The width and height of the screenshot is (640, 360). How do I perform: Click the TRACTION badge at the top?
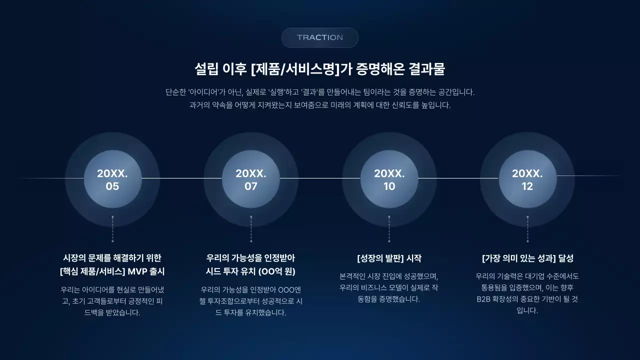pos(320,37)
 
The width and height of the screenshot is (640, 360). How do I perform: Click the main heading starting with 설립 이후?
pos(320,69)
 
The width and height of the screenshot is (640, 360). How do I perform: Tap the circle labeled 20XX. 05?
pos(112,179)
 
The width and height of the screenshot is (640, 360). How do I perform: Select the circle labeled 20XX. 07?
pos(251,179)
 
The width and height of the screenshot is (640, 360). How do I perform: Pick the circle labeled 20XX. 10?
pos(389,179)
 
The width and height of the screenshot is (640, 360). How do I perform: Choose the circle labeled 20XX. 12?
pos(527,179)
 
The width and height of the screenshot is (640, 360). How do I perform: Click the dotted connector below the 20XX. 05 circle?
pos(112,229)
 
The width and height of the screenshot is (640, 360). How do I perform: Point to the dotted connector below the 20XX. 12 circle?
pos(527,229)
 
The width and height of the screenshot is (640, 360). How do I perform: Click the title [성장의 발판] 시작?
pos(389,258)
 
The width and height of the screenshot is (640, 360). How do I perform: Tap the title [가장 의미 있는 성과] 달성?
pos(527,258)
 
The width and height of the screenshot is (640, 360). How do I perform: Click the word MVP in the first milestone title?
pos(138,271)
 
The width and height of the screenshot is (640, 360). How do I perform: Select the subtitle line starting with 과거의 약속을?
pos(320,105)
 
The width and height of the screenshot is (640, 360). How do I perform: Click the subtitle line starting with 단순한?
pos(320,92)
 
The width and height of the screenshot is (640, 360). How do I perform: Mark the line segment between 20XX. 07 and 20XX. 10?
pos(320,178)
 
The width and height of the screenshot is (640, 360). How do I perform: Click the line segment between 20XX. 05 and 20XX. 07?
pos(181,178)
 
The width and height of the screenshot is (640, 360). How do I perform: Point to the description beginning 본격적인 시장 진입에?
pos(389,287)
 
